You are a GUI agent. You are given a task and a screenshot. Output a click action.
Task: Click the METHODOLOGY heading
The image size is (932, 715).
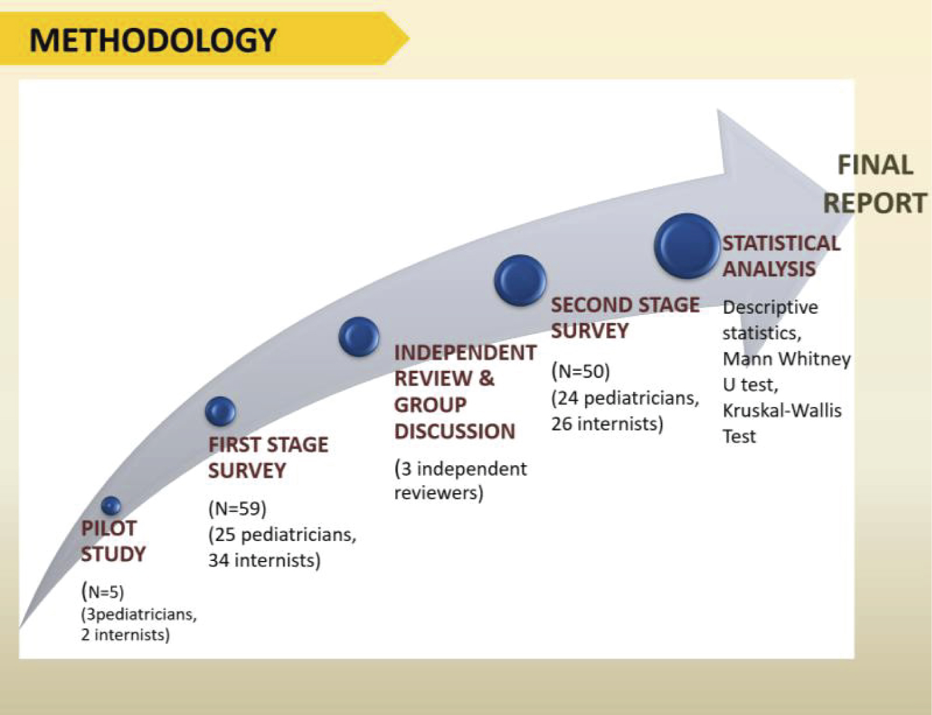click(x=153, y=41)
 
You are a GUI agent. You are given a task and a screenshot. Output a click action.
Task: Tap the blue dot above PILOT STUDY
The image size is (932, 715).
click(x=111, y=506)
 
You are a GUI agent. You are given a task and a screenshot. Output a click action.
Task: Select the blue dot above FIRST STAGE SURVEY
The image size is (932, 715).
click(x=221, y=411)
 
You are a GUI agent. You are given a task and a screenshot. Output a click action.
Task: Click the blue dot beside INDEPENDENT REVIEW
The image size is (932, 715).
click(x=359, y=337)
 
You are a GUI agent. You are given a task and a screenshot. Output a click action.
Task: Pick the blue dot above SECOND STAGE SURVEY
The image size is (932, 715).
click(x=520, y=280)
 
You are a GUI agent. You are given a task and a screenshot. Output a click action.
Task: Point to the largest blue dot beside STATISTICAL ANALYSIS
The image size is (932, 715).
click(x=687, y=246)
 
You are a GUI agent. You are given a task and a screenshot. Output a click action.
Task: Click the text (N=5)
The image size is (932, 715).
click(x=103, y=591)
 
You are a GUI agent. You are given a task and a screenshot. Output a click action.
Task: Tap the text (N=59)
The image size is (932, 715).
click(x=237, y=509)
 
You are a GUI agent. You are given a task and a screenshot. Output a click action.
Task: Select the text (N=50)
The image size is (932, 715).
click(x=581, y=371)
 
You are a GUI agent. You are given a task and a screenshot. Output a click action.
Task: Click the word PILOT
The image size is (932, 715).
click(x=109, y=528)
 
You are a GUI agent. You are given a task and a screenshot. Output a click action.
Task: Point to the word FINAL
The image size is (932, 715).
click(x=875, y=165)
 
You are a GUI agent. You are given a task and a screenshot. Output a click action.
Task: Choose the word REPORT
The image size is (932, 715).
click(x=875, y=203)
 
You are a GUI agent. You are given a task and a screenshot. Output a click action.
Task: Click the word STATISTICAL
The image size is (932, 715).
click(x=782, y=244)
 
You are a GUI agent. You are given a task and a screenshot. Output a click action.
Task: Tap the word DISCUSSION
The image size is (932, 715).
click(x=455, y=431)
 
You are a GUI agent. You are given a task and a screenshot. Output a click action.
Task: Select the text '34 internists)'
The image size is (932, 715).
click(x=265, y=560)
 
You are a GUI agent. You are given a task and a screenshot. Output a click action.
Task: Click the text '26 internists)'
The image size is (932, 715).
click(x=607, y=424)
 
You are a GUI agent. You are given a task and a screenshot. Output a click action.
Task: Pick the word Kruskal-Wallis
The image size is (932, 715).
click(x=782, y=411)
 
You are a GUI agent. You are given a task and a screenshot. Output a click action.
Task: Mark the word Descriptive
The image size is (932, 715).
click(x=770, y=307)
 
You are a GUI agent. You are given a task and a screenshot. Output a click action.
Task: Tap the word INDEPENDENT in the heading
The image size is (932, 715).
click(x=465, y=353)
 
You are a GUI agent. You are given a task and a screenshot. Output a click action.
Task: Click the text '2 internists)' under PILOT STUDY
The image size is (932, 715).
click(x=126, y=634)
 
